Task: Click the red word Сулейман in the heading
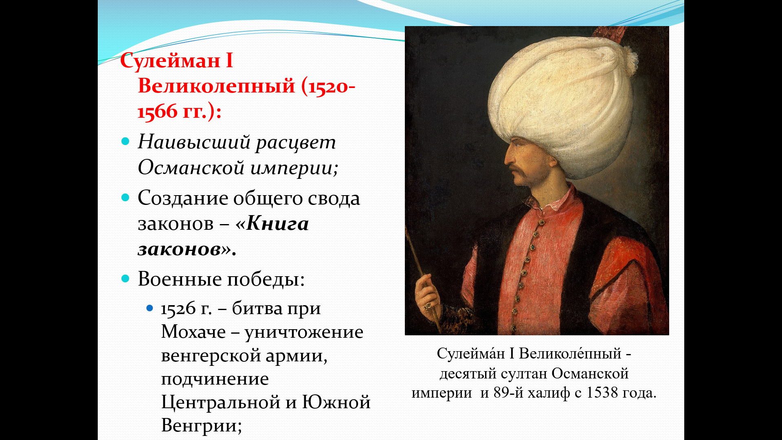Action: pos(170,61)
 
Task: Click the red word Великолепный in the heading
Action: pos(216,86)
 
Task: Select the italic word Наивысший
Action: pos(194,142)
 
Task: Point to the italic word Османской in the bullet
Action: pos(191,167)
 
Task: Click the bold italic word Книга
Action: pos(277,223)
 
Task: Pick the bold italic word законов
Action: pos(179,249)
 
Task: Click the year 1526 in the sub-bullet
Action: pos(178,309)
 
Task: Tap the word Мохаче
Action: pos(193,332)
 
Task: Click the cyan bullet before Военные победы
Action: pos(125,279)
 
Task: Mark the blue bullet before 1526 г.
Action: pos(149,308)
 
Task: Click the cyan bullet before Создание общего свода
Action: pos(125,198)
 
